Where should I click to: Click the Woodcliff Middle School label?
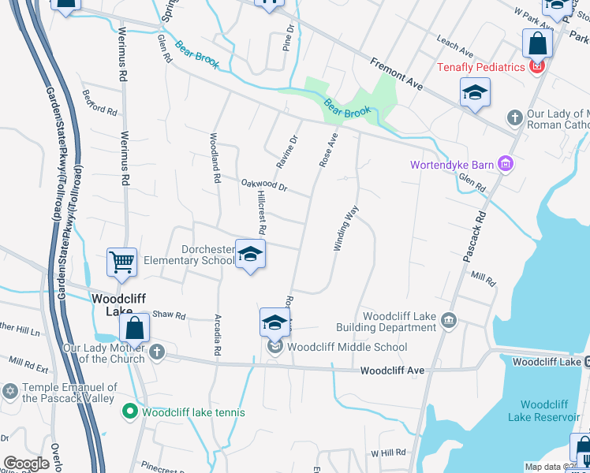(347, 347)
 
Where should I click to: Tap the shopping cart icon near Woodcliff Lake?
(122, 262)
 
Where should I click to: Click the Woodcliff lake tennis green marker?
(129, 412)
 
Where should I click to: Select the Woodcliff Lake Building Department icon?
(449, 319)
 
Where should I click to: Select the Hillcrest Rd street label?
(259, 215)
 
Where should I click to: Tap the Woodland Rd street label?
(214, 158)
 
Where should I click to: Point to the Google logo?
(26, 464)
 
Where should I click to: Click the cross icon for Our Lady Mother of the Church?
(156, 352)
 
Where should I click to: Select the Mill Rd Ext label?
(28, 365)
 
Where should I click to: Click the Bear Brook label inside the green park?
(348, 108)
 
